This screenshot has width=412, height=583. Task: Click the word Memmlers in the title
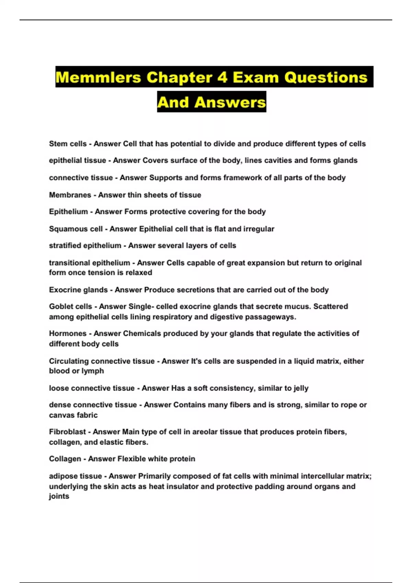point(98,77)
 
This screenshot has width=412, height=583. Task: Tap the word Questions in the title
point(326,77)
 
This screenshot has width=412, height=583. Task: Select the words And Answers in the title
point(211,102)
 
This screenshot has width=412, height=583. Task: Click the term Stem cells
point(68,144)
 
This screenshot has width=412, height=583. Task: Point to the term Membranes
point(70,195)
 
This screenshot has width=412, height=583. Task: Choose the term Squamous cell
point(76,229)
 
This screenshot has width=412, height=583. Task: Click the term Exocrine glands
point(78,290)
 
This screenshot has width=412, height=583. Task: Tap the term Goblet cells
point(70,306)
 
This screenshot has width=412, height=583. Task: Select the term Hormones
point(68,333)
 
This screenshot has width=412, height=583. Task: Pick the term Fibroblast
point(67,432)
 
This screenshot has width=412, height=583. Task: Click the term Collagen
point(65,459)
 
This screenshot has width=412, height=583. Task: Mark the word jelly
point(301,388)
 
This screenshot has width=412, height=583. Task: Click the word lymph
point(93,371)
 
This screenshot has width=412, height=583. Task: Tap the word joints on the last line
point(59,496)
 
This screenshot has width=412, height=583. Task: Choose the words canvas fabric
point(73,415)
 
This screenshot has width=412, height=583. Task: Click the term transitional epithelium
point(89,263)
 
